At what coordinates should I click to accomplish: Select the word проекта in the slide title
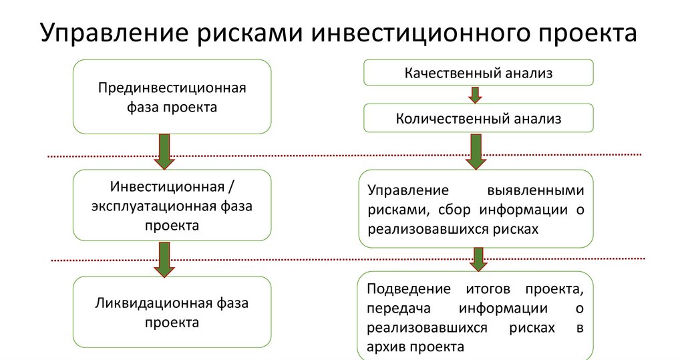pyautogui.click(x=583, y=34)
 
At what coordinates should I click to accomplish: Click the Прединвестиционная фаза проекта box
pyautogui.click(x=172, y=97)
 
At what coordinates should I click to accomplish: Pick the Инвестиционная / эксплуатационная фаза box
pyautogui.click(x=172, y=205)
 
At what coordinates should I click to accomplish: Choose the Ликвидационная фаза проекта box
pyautogui.click(x=172, y=313)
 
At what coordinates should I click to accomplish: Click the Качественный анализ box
pyautogui.click(x=478, y=73)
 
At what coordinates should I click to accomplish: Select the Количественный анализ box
pyautogui.click(x=478, y=119)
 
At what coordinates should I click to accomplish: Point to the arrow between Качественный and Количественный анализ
pyautogui.click(x=475, y=95)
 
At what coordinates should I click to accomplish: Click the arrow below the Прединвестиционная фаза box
pyautogui.click(x=164, y=151)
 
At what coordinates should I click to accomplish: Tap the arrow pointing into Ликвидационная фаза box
pyautogui.click(x=164, y=258)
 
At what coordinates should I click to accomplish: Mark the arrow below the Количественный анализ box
pyautogui.click(x=475, y=151)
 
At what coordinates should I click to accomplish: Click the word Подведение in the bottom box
pyautogui.click(x=403, y=289)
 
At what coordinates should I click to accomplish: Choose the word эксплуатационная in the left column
pyautogui.click(x=153, y=205)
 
